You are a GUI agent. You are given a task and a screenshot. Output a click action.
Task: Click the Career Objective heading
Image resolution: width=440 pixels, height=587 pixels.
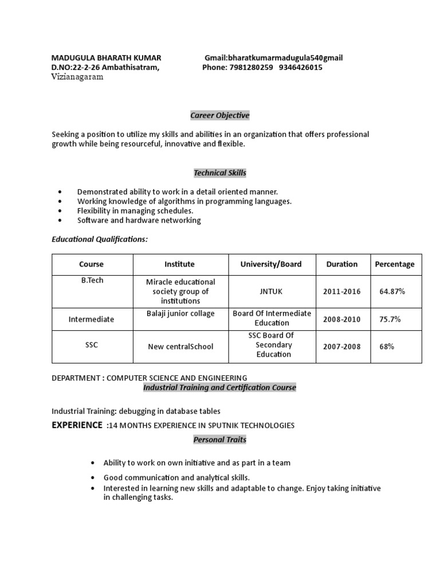[220, 115]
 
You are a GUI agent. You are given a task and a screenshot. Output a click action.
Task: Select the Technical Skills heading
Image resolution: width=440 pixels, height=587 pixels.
[220, 173]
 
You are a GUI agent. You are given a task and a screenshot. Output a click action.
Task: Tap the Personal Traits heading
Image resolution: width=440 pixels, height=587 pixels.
[219, 440]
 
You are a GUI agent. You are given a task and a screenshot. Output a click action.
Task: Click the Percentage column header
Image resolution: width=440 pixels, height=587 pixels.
[394, 264]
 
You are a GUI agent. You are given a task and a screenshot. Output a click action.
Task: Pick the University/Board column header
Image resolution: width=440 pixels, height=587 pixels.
[270, 264]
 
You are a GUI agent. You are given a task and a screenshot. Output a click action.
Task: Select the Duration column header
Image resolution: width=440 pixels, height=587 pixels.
[341, 264]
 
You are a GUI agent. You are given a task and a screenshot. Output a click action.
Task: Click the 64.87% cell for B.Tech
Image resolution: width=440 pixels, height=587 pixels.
[392, 292]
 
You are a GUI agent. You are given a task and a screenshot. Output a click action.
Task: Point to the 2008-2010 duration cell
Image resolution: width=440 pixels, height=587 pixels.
[341, 319]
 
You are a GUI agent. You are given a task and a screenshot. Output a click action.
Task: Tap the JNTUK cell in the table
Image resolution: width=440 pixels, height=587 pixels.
[270, 292]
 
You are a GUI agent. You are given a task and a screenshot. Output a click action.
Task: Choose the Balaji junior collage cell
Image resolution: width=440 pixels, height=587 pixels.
[180, 314]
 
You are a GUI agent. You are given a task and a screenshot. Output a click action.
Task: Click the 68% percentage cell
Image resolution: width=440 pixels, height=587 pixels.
[386, 347]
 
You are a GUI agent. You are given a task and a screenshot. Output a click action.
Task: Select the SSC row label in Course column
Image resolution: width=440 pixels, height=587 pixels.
[91, 345]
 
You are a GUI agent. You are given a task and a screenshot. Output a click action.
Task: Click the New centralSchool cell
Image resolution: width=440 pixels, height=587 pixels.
[180, 347]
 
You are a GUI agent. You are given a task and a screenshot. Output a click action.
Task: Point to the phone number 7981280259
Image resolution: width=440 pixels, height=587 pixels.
[251, 68]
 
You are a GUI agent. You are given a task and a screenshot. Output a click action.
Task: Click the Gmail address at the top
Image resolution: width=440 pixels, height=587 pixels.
[274, 58]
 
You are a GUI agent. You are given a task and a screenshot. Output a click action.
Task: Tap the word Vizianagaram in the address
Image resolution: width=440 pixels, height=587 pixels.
[77, 77]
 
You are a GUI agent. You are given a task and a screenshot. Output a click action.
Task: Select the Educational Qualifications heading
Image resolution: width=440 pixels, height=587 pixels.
[100, 239]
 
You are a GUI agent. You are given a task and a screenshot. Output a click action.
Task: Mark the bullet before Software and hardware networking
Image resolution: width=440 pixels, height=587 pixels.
[60, 221]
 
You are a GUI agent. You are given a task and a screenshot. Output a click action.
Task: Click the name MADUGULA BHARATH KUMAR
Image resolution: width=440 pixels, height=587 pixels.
[106, 58]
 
